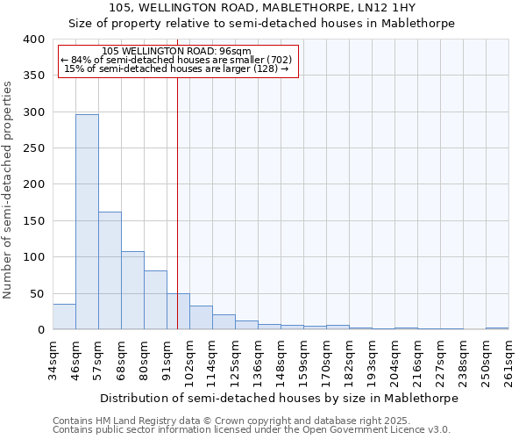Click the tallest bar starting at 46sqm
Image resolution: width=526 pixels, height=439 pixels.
click(x=87, y=222)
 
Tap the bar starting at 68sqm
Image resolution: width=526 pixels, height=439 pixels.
click(x=132, y=291)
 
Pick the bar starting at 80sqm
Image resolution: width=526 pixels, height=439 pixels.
click(x=155, y=300)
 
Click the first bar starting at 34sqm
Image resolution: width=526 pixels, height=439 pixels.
click(x=64, y=316)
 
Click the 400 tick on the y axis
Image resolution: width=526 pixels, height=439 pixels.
click(x=33, y=40)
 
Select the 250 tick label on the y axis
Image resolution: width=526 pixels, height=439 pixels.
click(x=33, y=148)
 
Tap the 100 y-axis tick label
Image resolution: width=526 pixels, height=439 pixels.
click(x=33, y=257)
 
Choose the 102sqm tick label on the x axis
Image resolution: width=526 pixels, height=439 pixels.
click(x=189, y=360)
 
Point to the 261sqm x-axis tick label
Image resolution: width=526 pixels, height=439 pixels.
click(x=508, y=360)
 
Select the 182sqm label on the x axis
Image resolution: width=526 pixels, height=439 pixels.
click(x=349, y=360)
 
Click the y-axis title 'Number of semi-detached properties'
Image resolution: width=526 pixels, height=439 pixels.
click(x=8, y=189)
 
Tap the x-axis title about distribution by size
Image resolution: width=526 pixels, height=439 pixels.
click(x=280, y=398)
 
